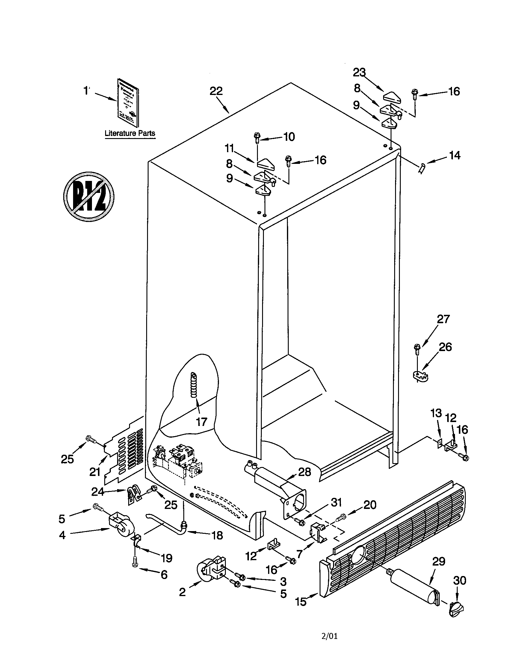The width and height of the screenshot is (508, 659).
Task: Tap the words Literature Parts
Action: pos(130,133)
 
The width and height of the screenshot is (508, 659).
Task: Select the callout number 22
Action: pos(216,91)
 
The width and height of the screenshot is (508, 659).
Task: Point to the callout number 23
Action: pos(359,72)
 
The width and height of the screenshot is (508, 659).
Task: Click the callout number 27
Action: pos(443,319)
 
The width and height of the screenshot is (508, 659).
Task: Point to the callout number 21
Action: pos(95,472)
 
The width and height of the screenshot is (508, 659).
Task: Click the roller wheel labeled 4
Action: pos(121,527)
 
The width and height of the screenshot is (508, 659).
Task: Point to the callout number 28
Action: pos(304,472)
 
